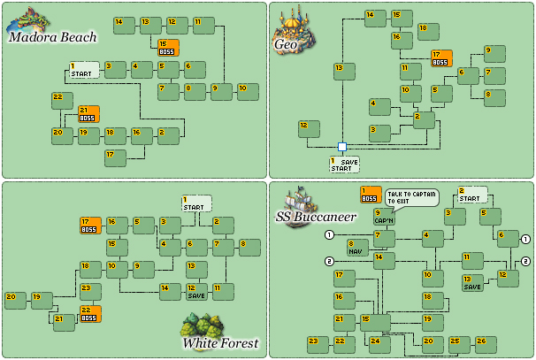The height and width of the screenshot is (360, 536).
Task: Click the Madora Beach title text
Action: (51, 36)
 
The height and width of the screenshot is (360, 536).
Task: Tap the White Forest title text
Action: (220, 342)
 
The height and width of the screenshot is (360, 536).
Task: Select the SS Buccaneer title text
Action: (315, 216)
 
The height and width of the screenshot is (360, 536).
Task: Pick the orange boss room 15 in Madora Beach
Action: (168, 48)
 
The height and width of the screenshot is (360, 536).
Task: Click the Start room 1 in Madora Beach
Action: (84, 70)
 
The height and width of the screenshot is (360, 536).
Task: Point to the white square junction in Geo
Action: (341, 147)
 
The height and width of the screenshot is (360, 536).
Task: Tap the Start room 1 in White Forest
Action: (196, 203)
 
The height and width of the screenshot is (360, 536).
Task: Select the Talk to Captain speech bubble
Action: (411, 197)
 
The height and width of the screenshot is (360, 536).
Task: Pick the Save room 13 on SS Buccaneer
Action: (472, 283)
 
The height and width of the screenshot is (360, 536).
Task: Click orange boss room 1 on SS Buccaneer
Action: (371, 195)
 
